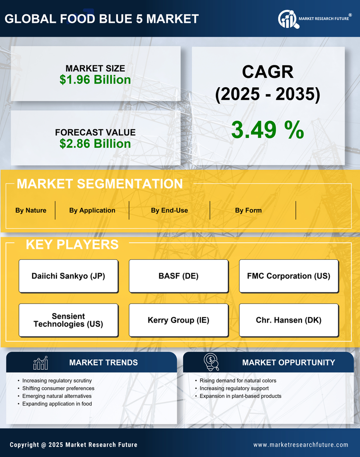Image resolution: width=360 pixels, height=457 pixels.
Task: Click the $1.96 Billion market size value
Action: [x=95, y=80]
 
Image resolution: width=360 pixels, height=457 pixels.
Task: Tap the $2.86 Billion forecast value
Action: [x=95, y=144]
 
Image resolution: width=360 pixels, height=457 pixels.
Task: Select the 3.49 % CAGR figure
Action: [x=267, y=130]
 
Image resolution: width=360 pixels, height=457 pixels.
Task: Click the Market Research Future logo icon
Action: [x=287, y=19]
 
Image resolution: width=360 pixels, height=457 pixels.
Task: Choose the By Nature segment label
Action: [x=31, y=210]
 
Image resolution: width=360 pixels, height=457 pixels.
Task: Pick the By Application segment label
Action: [x=92, y=210]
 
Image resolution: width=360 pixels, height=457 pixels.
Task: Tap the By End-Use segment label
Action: [x=169, y=210]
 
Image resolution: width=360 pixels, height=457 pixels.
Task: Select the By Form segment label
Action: [x=248, y=210]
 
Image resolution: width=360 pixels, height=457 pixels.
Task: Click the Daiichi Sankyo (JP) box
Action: [x=68, y=276]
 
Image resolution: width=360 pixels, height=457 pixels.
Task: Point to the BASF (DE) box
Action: [x=178, y=276]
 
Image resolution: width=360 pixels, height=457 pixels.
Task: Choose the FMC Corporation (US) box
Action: [x=289, y=276]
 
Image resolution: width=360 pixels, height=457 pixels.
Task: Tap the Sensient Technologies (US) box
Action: [x=68, y=320]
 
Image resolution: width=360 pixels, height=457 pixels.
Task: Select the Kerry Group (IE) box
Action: [x=178, y=320]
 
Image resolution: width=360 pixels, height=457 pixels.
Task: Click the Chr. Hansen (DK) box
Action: [x=289, y=320]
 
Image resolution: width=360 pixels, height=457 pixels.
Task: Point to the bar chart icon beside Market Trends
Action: [x=40, y=363]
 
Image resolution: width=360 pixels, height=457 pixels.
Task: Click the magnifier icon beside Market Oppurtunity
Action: [x=212, y=362]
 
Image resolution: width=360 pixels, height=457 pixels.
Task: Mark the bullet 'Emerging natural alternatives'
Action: [x=57, y=396]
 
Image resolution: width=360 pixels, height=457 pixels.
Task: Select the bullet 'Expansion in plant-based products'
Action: [x=241, y=396]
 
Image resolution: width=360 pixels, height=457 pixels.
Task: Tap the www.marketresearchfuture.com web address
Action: [x=301, y=445]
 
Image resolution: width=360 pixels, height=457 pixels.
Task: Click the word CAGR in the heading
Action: [x=267, y=72]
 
